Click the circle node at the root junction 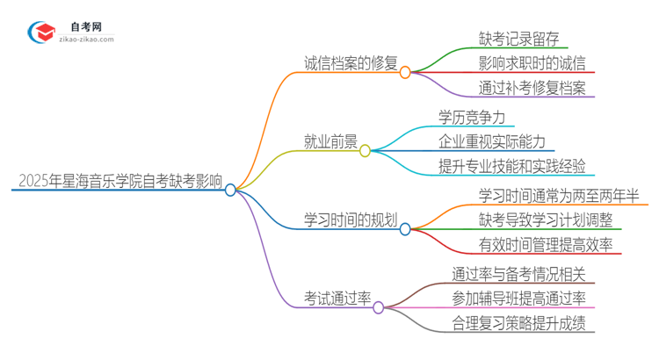pos(230,190)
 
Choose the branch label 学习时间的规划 pos(349,220)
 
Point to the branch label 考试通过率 pos(337,299)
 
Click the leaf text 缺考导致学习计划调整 pos(540,220)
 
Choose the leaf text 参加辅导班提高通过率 pos(522,298)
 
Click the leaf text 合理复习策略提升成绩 pos(522,323)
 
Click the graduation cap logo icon pos(42,32)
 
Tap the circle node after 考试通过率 pos(378,307)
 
